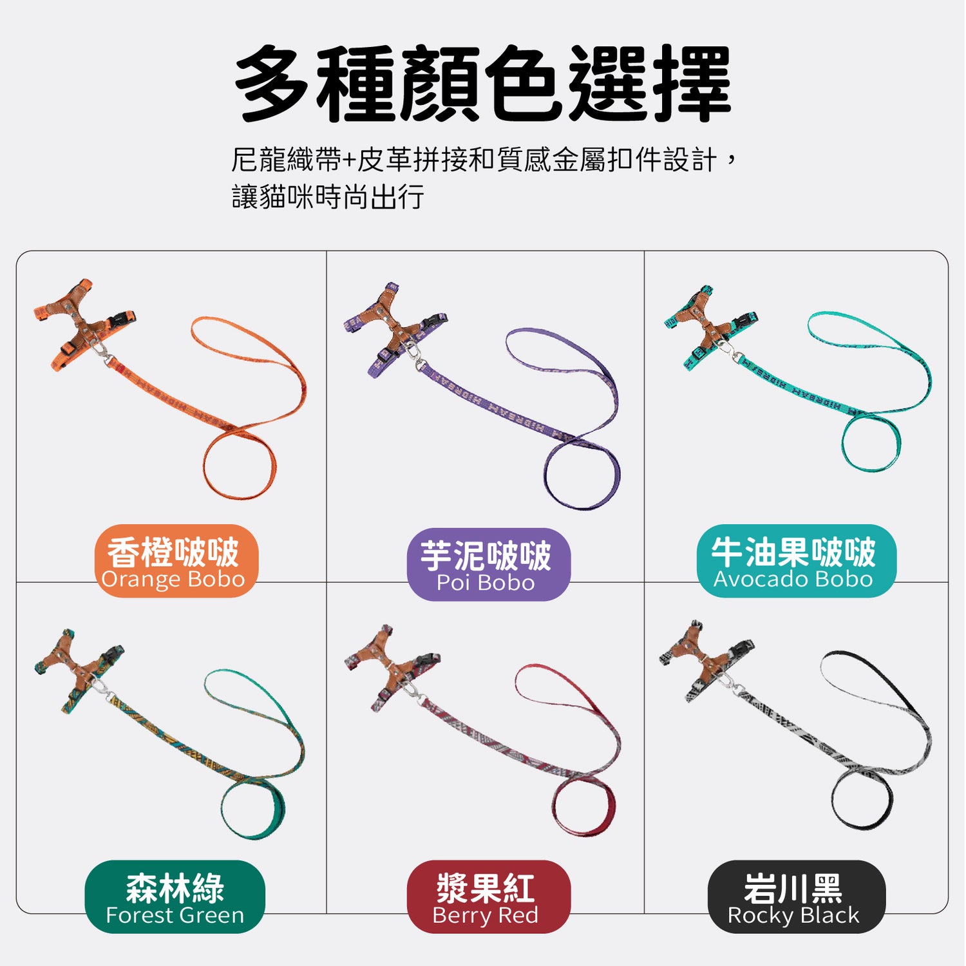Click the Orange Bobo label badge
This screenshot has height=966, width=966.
(x=176, y=561)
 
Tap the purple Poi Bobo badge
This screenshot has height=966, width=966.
(x=489, y=565)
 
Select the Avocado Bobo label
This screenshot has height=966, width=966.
(x=797, y=561)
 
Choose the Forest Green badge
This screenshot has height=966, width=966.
(x=175, y=896)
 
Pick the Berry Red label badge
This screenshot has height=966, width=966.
(x=489, y=896)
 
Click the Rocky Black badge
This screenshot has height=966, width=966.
(x=797, y=896)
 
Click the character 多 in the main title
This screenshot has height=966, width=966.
(x=272, y=84)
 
